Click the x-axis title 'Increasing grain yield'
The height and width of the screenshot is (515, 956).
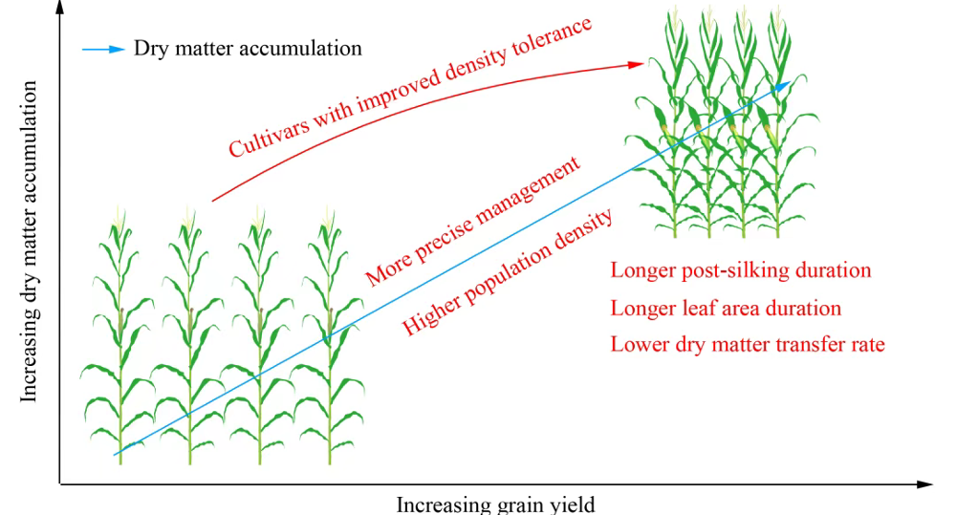495,504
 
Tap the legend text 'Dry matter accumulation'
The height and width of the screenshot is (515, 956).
248,48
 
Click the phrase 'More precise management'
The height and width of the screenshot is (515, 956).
473,221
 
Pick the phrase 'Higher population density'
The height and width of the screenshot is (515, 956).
507,272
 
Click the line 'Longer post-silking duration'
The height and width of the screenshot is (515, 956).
741,270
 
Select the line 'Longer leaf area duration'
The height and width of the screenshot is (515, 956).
726,309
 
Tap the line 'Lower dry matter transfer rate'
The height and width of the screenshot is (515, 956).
748,344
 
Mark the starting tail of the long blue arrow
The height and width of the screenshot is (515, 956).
117,454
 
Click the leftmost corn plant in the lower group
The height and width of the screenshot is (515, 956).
119,344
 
